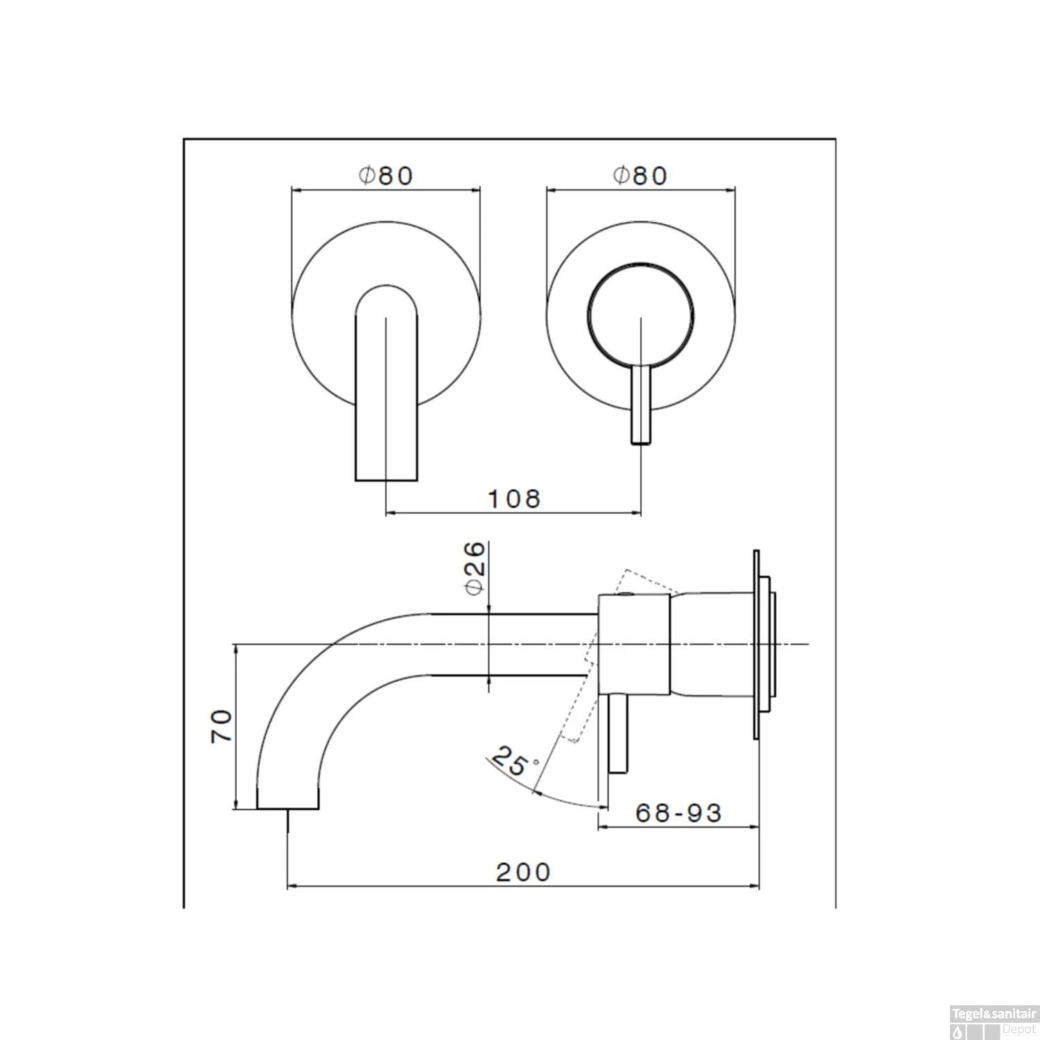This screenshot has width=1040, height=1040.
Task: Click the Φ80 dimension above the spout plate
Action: tap(385, 175)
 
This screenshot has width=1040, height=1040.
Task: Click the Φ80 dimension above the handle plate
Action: tap(640, 175)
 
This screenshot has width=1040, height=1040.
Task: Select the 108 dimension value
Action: tap(514, 499)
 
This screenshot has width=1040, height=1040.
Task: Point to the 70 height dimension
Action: tap(222, 726)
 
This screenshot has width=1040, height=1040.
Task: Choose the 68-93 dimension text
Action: tap(678, 813)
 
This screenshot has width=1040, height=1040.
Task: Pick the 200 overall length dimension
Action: tap(523, 872)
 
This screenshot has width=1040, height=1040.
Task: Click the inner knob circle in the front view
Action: tap(640, 262)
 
